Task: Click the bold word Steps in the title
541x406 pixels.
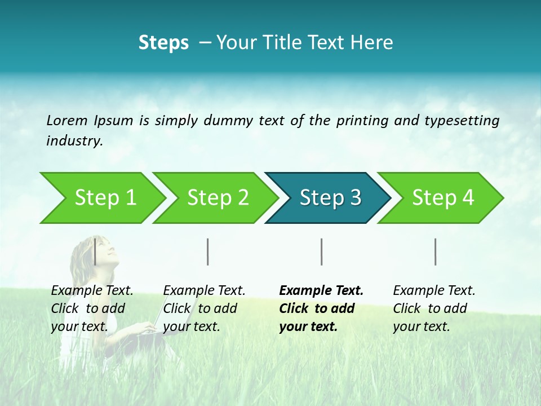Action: (163, 43)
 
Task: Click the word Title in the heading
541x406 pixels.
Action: (285, 43)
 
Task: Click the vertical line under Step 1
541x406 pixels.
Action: (95, 251)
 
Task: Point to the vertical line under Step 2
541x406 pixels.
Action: (208, 251)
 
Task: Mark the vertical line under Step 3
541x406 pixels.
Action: (322, 251)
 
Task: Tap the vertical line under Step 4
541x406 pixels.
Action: (436, 251)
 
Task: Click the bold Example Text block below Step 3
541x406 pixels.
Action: (321, 308)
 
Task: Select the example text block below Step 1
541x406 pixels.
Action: (92, 308)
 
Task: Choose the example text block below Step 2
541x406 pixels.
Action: (204, 308)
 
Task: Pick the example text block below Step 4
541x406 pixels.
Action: (434, 308)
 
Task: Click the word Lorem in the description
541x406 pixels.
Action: (67, 121)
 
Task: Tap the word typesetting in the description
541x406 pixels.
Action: (461, 121)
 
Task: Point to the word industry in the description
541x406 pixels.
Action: (74, 141)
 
